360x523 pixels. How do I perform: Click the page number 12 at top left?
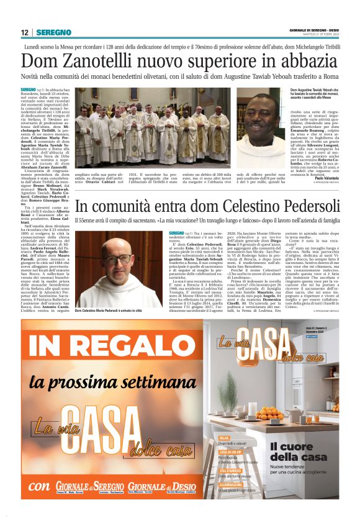(x=24, y=32)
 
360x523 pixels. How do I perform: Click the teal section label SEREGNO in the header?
(x=54, y=32)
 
